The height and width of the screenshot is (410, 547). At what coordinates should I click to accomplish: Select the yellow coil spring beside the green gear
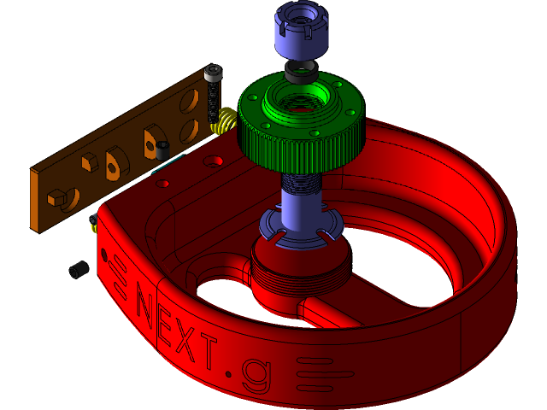pyautogui.click(x=225, y=121)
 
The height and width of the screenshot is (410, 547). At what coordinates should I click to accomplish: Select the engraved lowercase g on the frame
pyautogui.click(x=254, y=375)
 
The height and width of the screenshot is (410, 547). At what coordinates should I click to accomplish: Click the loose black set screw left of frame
pyautogui.click(x=79, y=270)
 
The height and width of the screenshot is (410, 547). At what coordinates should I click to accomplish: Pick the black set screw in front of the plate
pyautogui.click(x=162, y=151)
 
